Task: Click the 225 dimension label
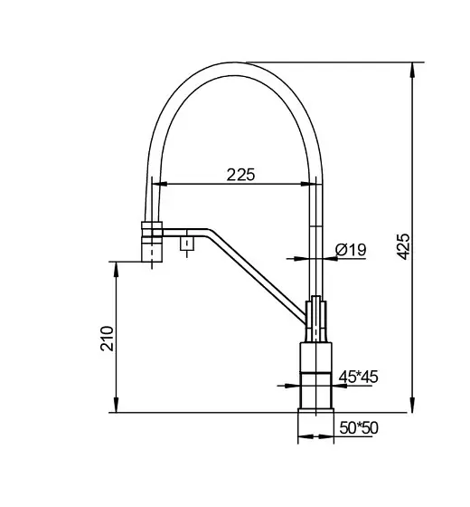pyautogui.click(x=240, y=175)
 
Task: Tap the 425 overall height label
pyautogui.click(x=403, y=246)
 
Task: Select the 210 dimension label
pyautogui.click(x=108, y=339)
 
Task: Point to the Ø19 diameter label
pyautogui.click(x=351, y=250)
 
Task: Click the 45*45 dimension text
pyautogui.click(x=358, y=377)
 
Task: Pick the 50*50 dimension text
pyautogui.click(x=359, y=427)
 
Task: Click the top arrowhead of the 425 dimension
pyautogui.click(x=412, y=71)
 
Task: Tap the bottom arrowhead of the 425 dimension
pyautogui.click(x=412, y=405)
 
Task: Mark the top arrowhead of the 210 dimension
pyautogui.click(x=117, y=270)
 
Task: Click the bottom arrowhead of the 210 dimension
pyautogui.click(x=117, y=405)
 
